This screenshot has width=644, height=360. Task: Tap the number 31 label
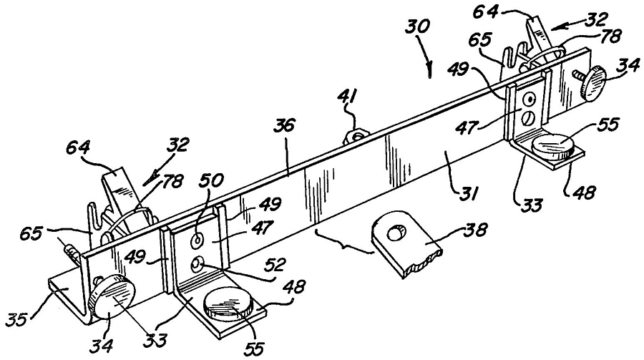468,193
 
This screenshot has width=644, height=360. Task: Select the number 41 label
348,98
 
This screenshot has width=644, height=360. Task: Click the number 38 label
475,229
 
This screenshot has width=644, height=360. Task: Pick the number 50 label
212,181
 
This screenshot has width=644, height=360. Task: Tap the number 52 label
275,266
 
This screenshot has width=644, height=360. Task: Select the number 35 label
18,319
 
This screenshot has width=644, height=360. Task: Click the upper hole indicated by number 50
197,240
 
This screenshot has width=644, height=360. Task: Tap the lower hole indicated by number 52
197,265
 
